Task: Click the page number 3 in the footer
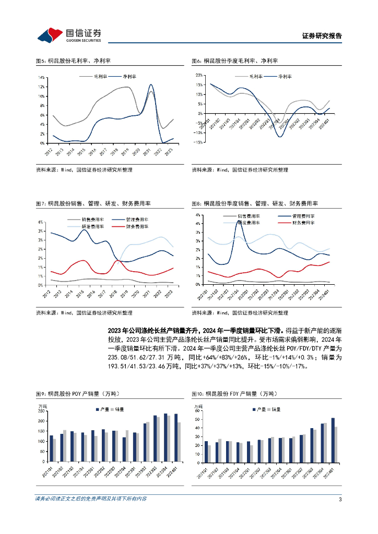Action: coord(340,499)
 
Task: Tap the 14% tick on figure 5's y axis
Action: coord(41,77)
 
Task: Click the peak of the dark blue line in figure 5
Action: coord(151,84)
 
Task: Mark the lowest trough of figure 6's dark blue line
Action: coord(280,137)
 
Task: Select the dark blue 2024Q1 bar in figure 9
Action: coord(175,432)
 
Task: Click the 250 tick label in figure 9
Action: coord(41,411)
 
